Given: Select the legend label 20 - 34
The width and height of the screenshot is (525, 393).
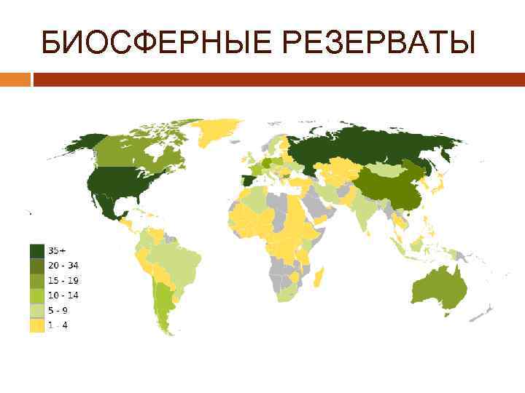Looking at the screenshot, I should pos(63,265).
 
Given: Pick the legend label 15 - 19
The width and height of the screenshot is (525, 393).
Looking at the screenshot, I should pos(63,280).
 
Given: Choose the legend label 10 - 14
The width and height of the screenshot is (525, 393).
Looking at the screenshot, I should pos(63,295).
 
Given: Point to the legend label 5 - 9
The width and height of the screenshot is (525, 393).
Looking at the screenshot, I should pos(59,311).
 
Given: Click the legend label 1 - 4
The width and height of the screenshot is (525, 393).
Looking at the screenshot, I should pos(59,326).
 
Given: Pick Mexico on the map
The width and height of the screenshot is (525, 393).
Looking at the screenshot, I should pos(109,204).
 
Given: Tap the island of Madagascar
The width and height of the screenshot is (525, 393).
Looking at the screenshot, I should pos(319,277).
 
